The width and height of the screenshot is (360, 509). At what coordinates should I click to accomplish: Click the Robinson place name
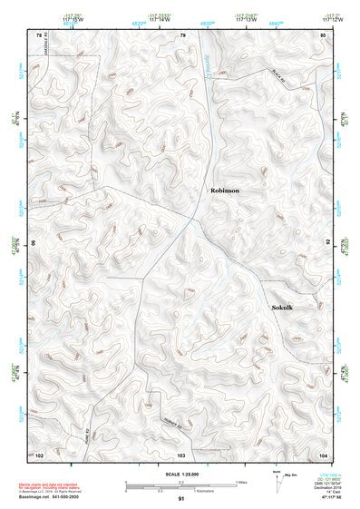tap(225, 191)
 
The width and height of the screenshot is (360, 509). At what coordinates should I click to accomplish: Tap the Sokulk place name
tap(286, 308)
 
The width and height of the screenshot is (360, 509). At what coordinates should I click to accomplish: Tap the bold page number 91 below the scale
tap(181, 499)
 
